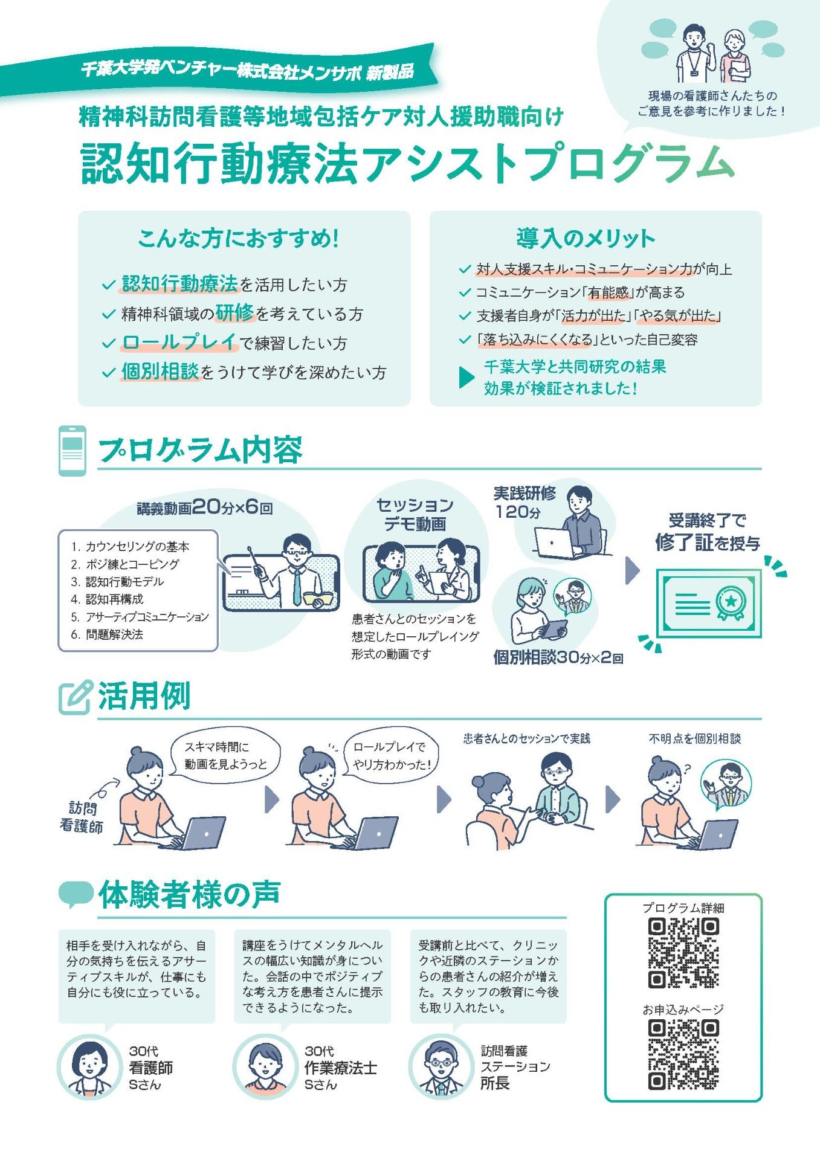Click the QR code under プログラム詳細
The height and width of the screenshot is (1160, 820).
tap(683, 953)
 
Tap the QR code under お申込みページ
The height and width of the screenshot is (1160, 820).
tap(683, 1055)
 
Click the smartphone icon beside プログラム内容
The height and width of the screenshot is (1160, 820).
tap(72, 451)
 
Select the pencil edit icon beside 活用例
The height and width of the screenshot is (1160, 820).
tap(76, 697)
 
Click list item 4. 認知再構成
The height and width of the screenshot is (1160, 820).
tap(107, 599)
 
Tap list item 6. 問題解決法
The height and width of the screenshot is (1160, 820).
tap(107, 634)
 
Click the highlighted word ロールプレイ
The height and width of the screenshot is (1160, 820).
tap(179, 343)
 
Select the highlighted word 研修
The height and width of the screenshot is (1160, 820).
tap(234, 313)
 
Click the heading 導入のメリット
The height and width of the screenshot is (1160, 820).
tap(586, 239)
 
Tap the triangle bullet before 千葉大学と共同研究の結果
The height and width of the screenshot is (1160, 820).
tap(466, 377)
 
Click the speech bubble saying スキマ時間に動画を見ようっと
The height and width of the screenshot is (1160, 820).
tap(225, 755)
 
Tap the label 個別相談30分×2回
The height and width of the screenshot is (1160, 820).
tap(558, 657)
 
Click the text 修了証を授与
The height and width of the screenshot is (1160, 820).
tap(707, 542)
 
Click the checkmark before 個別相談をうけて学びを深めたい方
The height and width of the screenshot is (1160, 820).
tap(109, 373)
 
